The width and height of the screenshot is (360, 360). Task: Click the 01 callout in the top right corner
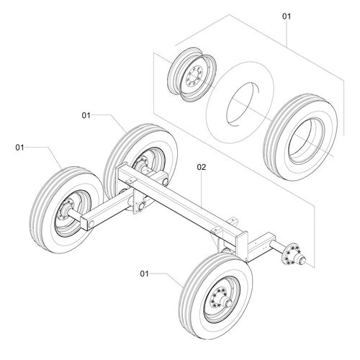point(286,15)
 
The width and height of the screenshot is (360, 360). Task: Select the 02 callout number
point(202,167)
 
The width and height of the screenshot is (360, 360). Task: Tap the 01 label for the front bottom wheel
point(145,274)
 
